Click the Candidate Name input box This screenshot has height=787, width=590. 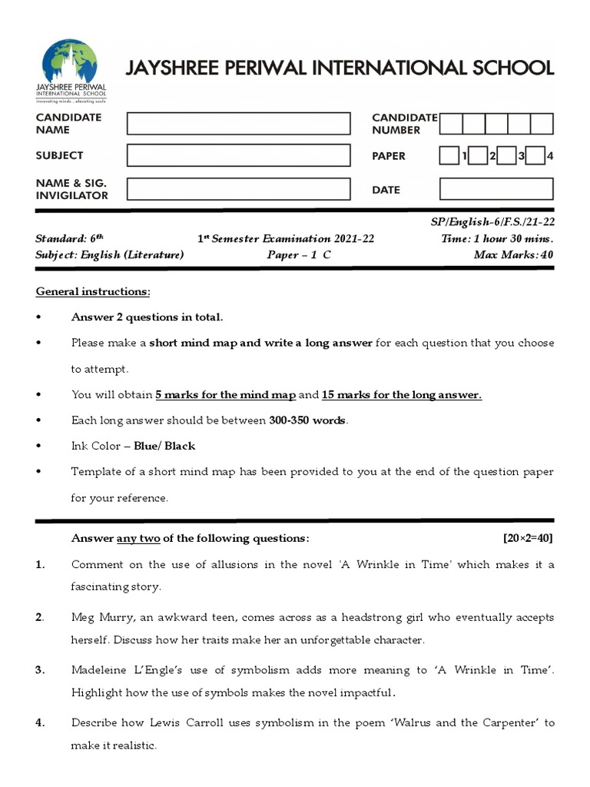pyautogui.click(x=238, y=123)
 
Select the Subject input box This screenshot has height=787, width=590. pyautogui.click(x=238, y=155)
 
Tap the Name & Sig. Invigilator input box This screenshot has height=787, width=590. pyautogui.click(x=238, y=189)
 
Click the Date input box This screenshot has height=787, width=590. pyautogui.click(x=496, y=189)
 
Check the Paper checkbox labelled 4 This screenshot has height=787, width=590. pyautogui.click(x=535, y=156)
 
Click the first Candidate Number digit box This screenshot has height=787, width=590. pyautogui.click(x=451, y=124)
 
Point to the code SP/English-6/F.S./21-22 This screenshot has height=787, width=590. pyautogui.click(x=492, y=222)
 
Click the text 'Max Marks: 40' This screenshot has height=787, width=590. pyautogui.click(x=513, y=255)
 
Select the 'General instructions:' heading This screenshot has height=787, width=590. pyautogui.click(x=93, y=292)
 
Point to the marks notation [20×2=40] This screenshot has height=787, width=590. pyautogui.click(x=528, y=538)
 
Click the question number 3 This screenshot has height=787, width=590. pyautogui.click(x=40, y=670)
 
